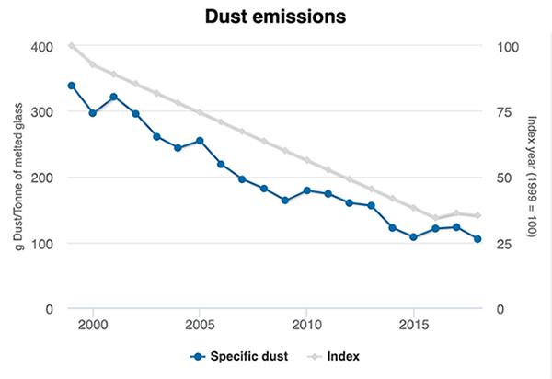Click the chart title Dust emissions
click(x=275, y=17)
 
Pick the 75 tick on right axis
click(x=504, y=111)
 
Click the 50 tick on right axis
click(x=504, y=178)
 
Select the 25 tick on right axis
click(x=504, y=243)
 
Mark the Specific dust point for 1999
click(x=72, y=86)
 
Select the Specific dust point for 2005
click(x=200, y=141)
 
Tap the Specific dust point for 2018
click(x=477, y=239)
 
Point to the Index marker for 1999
click(x=72, y=46)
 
